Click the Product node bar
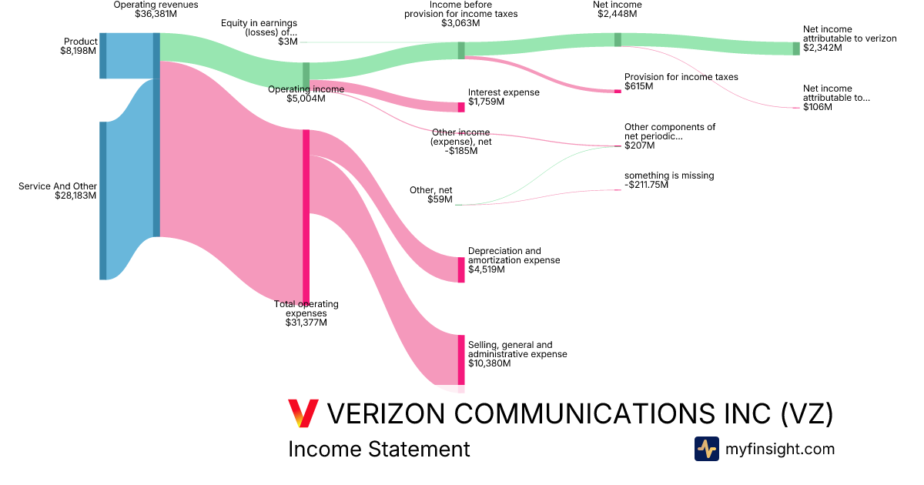102,55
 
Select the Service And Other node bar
102,200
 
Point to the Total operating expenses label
306,309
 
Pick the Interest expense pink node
461,107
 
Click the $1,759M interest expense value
486,102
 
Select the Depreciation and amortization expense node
461,269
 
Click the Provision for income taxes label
681,77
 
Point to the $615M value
638,86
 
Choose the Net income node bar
618,39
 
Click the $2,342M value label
822,48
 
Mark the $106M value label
818,107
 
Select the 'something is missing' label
668,176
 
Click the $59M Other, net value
440,199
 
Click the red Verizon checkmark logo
303,413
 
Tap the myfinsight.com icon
706,449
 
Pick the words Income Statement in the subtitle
379,449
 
